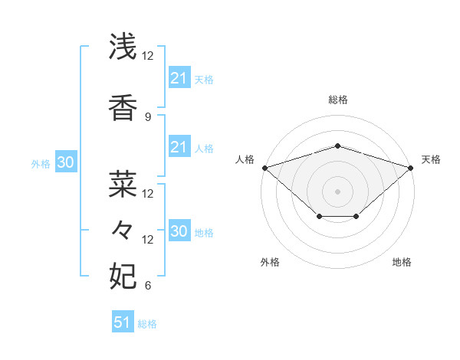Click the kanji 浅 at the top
pos(123,47)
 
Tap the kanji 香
pos(123,107)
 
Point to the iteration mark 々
pos(123,229)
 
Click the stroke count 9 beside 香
pos(148,117)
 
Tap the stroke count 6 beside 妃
pos(148,286)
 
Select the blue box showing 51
pos(123,322)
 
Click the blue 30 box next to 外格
pos(65,162)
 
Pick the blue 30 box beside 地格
pos(179,231)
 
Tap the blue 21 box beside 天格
pos(179,78)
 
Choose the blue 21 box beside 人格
pos(179,147)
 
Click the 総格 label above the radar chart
pos(337,100)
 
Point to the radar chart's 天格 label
pos(431,159)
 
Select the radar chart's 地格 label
pos(402,262)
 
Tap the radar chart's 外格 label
pos(270,262)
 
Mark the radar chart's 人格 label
pos(245,159)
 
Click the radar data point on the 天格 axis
pos(411,167)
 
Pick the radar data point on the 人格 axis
pos(264,167)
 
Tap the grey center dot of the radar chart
pos(337,191)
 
